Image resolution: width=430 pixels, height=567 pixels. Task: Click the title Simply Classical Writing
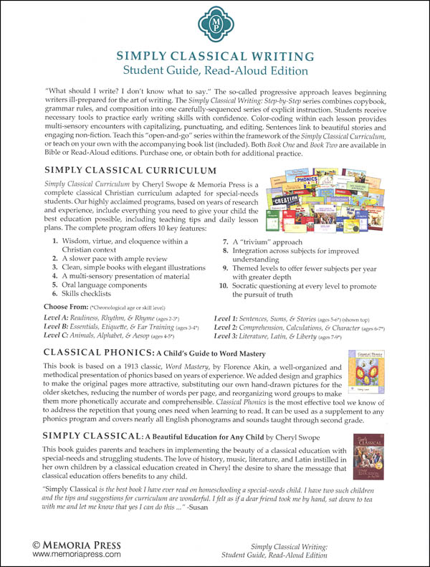click(x=214, y=56)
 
